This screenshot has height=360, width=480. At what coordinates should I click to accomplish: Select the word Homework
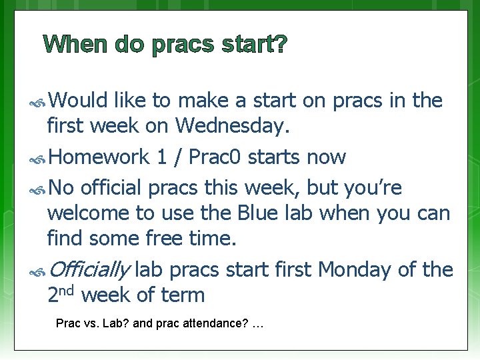[x=99, y=157]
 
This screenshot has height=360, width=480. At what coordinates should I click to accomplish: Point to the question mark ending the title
[x=281, y=45]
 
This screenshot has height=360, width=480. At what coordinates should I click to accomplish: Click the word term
[x=183, y=294]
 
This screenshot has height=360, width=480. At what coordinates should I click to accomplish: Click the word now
[x=327, y=158]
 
